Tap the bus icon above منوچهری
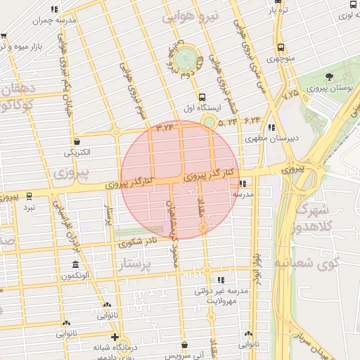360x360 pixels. click(x=281, y=48)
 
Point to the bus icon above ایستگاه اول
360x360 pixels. click(x=202, y=98)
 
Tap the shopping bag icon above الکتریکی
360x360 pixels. click(x=76, y=141)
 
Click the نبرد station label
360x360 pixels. click(x=29, y=207)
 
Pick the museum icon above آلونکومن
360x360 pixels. click(x=75, y=264)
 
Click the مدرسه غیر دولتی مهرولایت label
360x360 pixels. click(x=228, y=295)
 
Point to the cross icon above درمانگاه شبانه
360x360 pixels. click(x=115, y=337)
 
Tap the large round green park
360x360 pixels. click(x=186, y=58)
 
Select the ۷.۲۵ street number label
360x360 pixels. click(x=290, y=92)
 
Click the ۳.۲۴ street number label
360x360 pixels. click(x=165, y=127)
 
